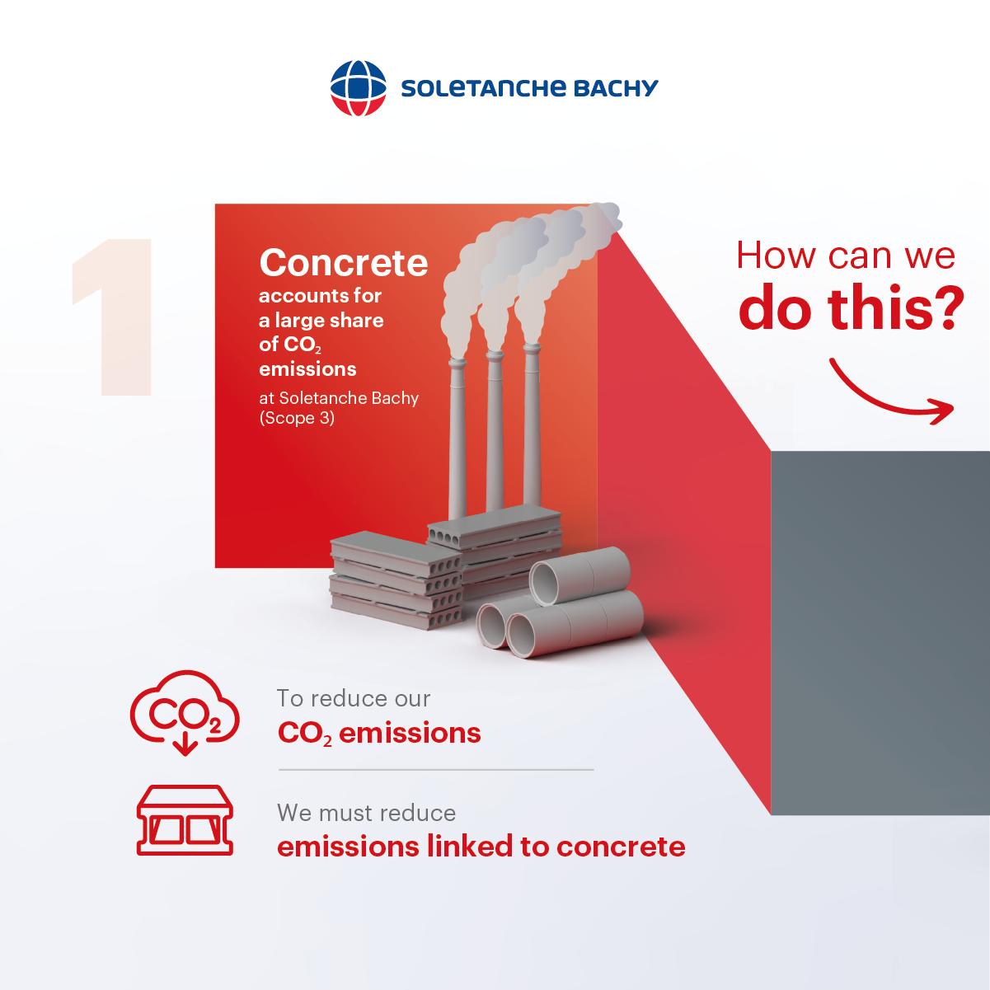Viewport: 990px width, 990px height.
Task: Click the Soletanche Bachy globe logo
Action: (x=358, y=88)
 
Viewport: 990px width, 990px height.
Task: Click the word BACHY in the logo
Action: (x=616, y=88)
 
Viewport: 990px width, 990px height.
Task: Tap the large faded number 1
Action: (x=112, y=317)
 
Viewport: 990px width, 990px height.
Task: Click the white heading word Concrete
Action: (x=343, y=262)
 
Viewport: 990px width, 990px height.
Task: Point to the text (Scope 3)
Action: (x=297, y=418)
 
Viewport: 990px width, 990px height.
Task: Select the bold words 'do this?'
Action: (x=851, y=307)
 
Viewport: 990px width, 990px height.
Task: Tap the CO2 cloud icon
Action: (x=185, y=712)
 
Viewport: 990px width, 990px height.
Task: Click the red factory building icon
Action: (x=185, y=820)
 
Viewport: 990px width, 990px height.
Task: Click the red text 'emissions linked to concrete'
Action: (x=481, y=846)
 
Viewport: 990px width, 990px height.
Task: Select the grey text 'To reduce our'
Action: (x=354, y=699)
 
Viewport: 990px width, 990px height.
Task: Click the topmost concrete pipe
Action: (x=579, y=575)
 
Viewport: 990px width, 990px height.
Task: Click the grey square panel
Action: (x=880, y=633)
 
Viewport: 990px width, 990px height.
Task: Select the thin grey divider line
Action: (x=436, y=770)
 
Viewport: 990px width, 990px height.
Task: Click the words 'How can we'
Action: (x=846, y=256)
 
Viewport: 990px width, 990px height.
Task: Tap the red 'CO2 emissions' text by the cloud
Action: (x=379, y=733)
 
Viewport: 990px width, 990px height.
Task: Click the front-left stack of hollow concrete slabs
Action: (x=396, y=580)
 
